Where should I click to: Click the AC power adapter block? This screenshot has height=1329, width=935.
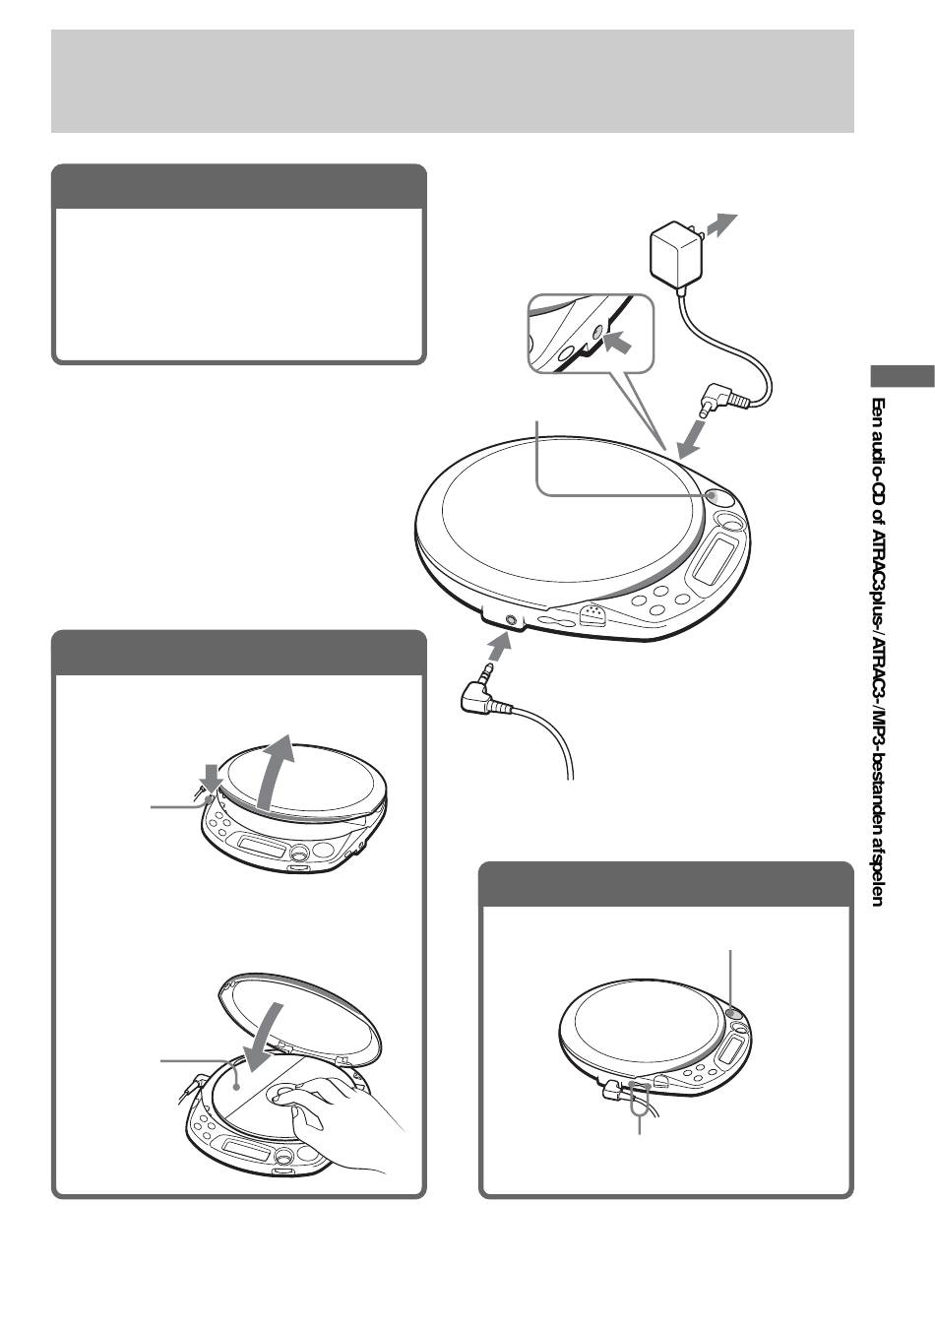(x=676, y=251)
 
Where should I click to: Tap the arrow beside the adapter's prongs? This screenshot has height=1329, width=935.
(x=723, y=224)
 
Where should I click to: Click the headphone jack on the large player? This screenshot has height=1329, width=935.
(x=510, y=620)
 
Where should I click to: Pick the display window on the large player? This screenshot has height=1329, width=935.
(x=715, y=558)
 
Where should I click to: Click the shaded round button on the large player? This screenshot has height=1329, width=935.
(x=717, y=497)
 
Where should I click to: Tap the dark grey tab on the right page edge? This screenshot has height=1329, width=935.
(x=902, y=376)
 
